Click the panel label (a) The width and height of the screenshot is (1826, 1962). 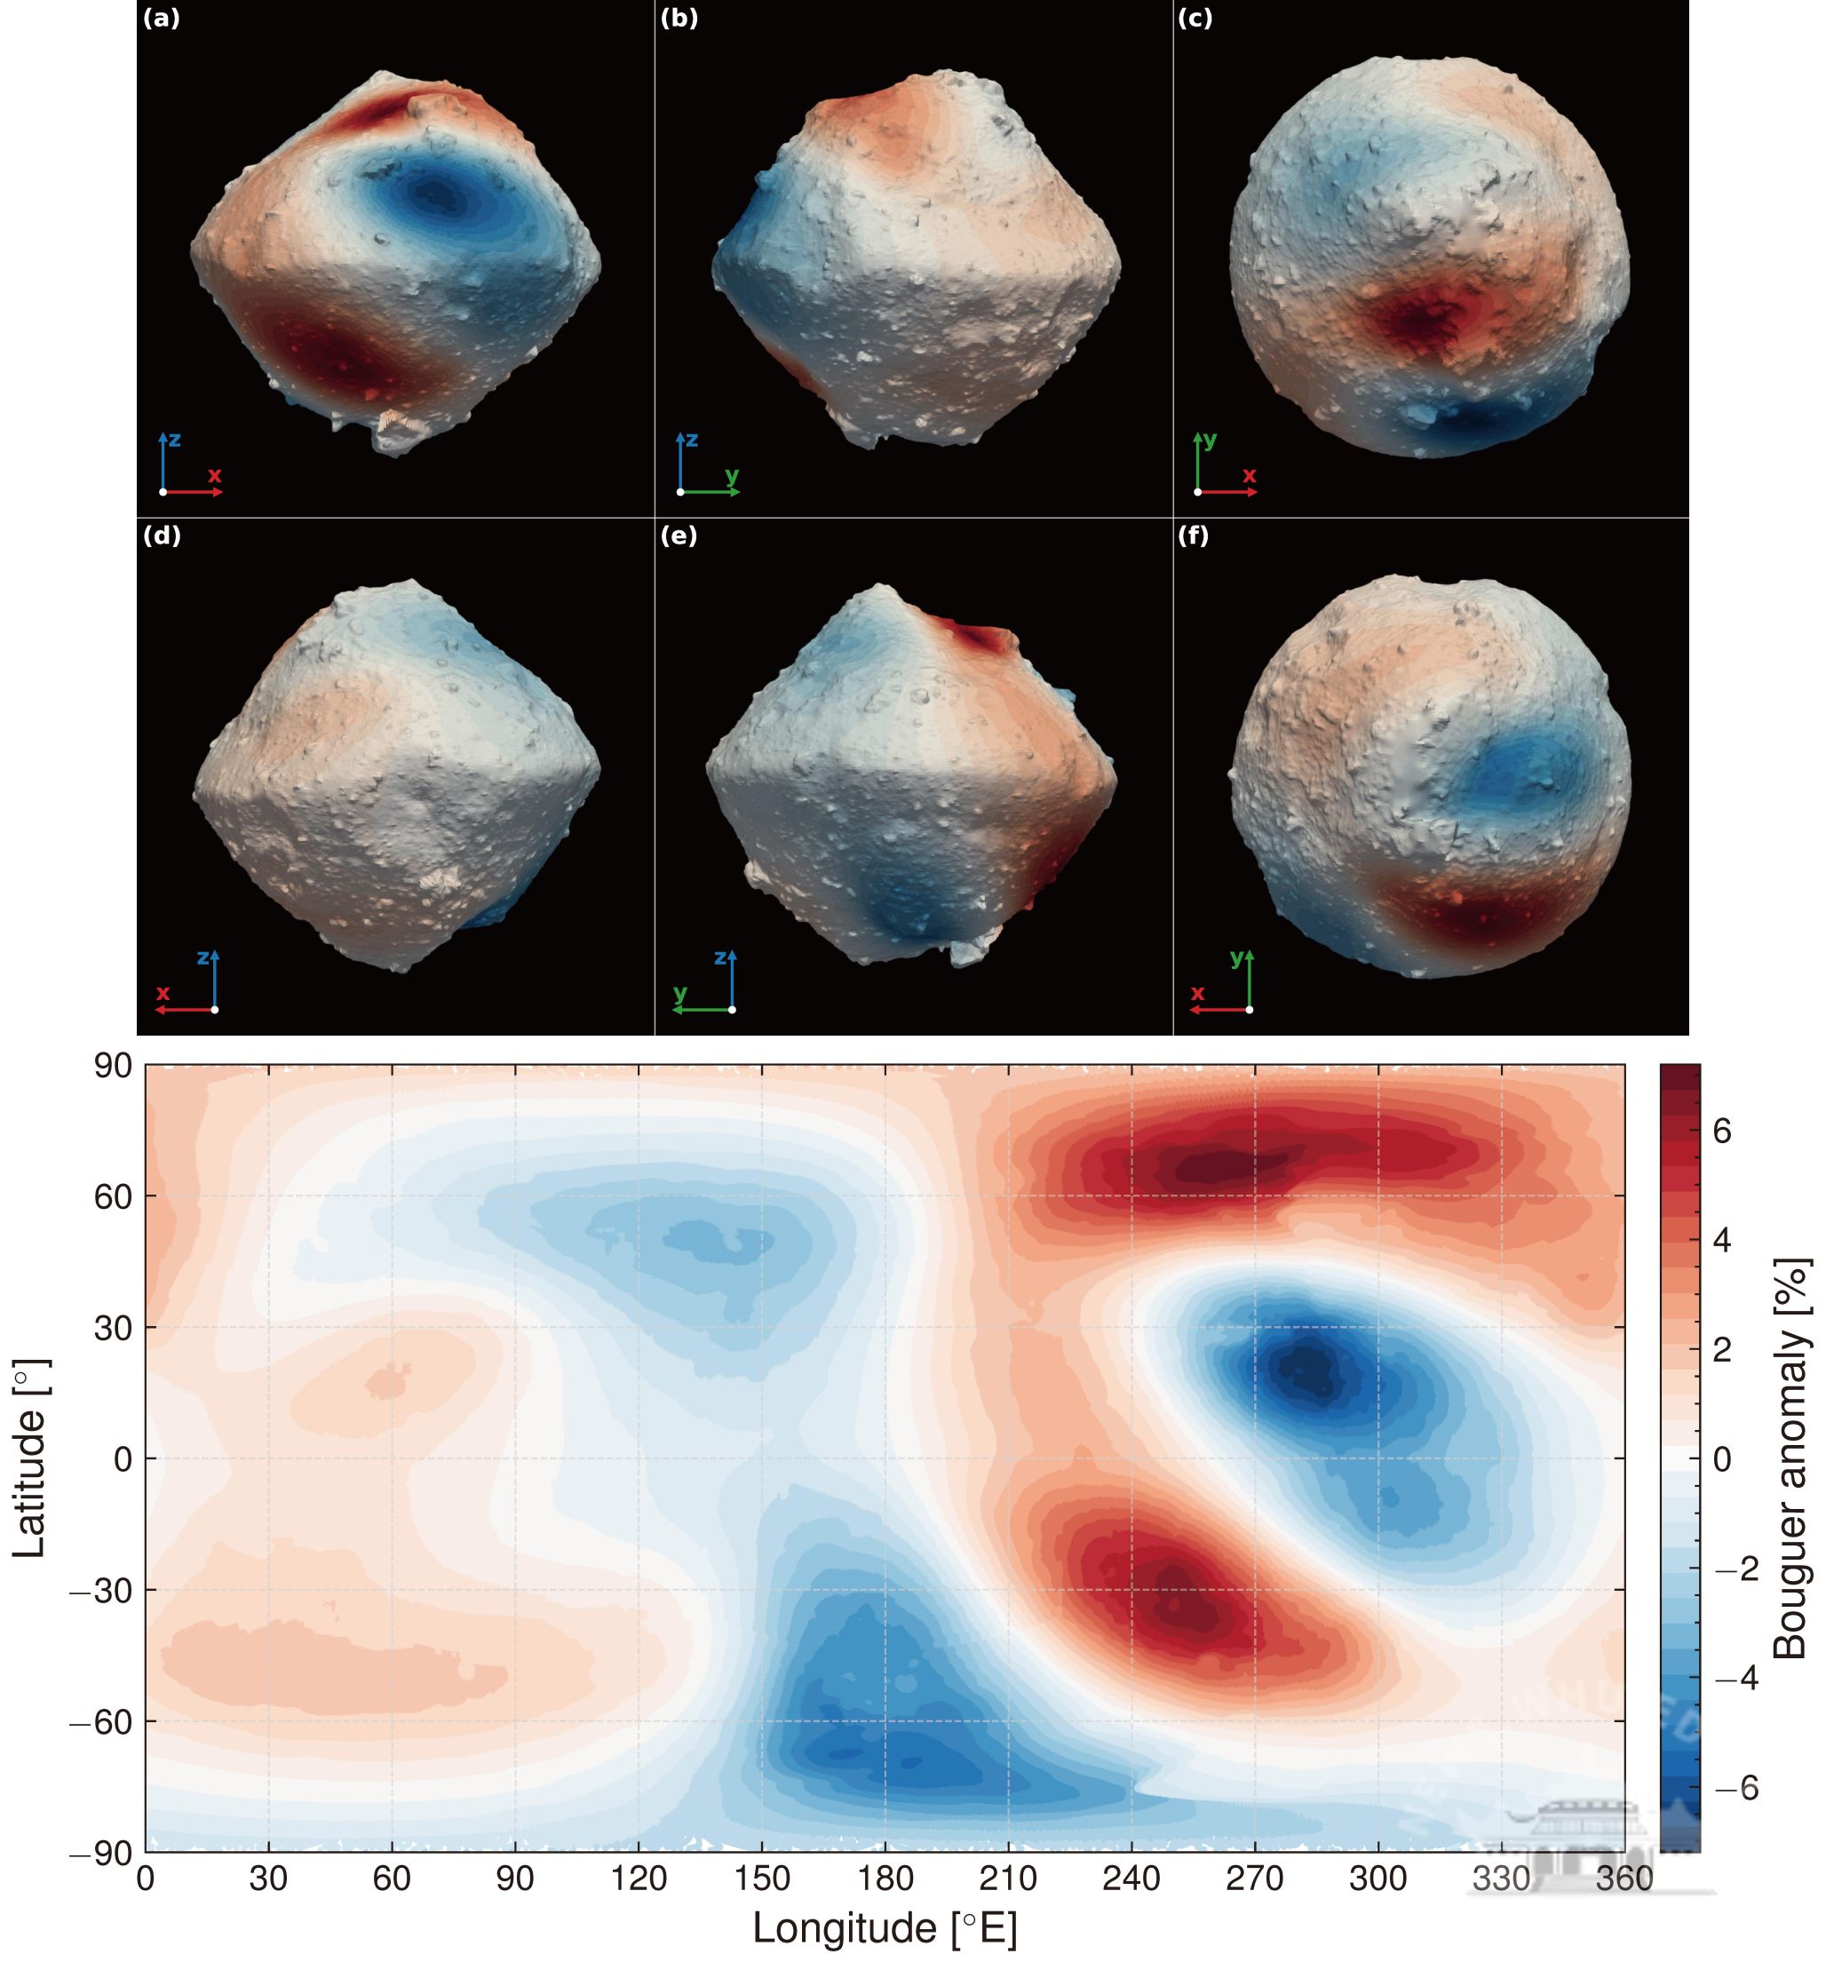click(x=162, y=19)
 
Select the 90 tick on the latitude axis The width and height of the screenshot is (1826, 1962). click(x=113, y=1067)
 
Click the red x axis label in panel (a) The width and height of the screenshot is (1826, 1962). click(x=214, y=476)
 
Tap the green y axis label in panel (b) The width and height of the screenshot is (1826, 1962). click(x=732, y=477)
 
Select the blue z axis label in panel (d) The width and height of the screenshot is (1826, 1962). click(x=202, y=957)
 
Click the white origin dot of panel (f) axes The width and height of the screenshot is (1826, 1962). click(x=1250, y=1010)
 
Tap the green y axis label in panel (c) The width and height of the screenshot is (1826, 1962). click(x=1211, y=441)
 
